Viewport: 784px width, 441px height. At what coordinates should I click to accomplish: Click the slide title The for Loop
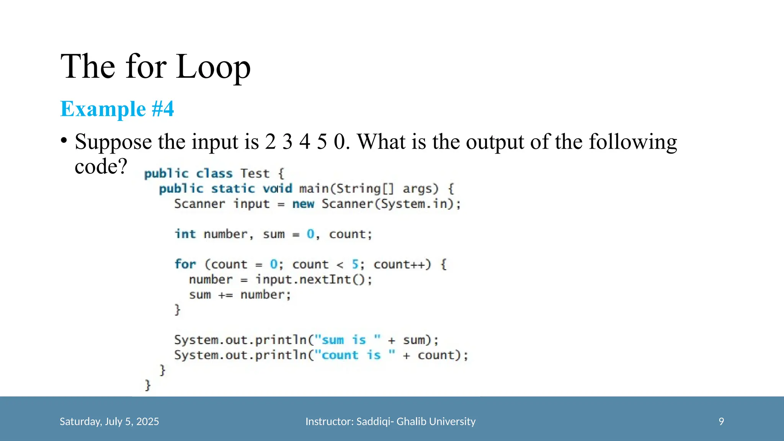click(155, 67)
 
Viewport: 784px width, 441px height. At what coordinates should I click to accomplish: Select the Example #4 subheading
click(117, 109)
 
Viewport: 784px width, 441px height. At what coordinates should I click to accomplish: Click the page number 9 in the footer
click(721, 421)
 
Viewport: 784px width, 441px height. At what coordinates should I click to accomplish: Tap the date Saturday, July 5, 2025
click(109, 421)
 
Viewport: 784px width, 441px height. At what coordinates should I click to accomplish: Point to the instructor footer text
click(390, 421)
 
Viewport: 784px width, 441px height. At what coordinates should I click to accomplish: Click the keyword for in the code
click(185, 264)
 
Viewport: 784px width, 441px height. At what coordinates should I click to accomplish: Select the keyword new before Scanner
click(303, 204)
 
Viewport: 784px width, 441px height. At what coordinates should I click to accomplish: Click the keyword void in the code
click(277, 188)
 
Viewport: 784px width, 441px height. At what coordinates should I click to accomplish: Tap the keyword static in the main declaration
click(233, 188)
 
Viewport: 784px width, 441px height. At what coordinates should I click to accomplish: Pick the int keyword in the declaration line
click(185, 234)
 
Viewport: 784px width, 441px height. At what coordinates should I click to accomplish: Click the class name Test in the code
click(255, 173)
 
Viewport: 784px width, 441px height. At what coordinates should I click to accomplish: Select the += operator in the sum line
click(225, 295)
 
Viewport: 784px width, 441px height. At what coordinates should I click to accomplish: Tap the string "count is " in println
click(354, 355)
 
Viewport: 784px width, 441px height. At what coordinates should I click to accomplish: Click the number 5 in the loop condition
click(355, 264)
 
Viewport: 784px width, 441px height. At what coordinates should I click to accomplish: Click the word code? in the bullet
click(101, 167)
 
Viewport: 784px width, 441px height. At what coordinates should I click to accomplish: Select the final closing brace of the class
click(148, 385)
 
